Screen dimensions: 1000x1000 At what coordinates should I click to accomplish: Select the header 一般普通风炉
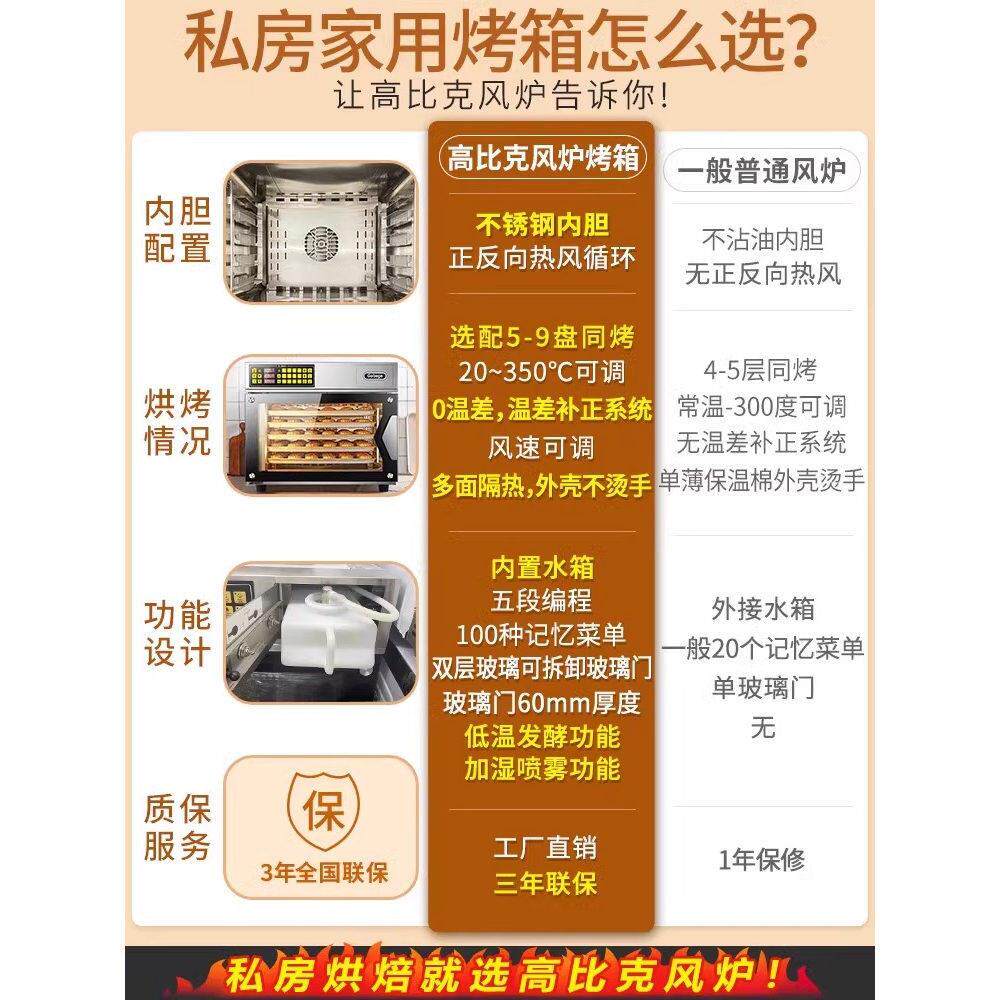[x=763, y=170]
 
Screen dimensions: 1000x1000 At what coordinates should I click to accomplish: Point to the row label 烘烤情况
[x=177, y=423]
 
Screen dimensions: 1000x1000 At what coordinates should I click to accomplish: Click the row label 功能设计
[x=177, y=632]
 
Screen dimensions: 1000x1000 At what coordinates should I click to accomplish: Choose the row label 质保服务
[x=177, y=828]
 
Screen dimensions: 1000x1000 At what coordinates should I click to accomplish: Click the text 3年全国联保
[x=323, y=873]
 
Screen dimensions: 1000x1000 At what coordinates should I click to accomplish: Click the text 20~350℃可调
[x=542, y=372]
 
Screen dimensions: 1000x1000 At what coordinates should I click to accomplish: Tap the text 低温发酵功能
[x=542, y=737]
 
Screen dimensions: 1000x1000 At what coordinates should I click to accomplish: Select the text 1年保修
[x=762, y=860]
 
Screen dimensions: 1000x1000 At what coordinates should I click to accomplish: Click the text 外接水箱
[x=762, y=608]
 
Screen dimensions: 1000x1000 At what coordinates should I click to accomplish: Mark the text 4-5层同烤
[x=762, y=371]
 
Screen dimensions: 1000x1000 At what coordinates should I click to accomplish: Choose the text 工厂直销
[x=542, y=848]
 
